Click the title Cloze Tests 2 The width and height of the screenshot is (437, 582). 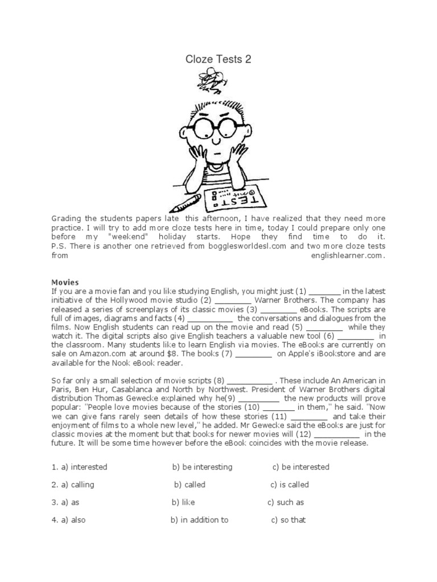click(x=218, y=60)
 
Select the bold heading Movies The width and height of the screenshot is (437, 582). click(x=65, y=282)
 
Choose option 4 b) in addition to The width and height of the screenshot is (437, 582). click(x=200, y=520)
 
